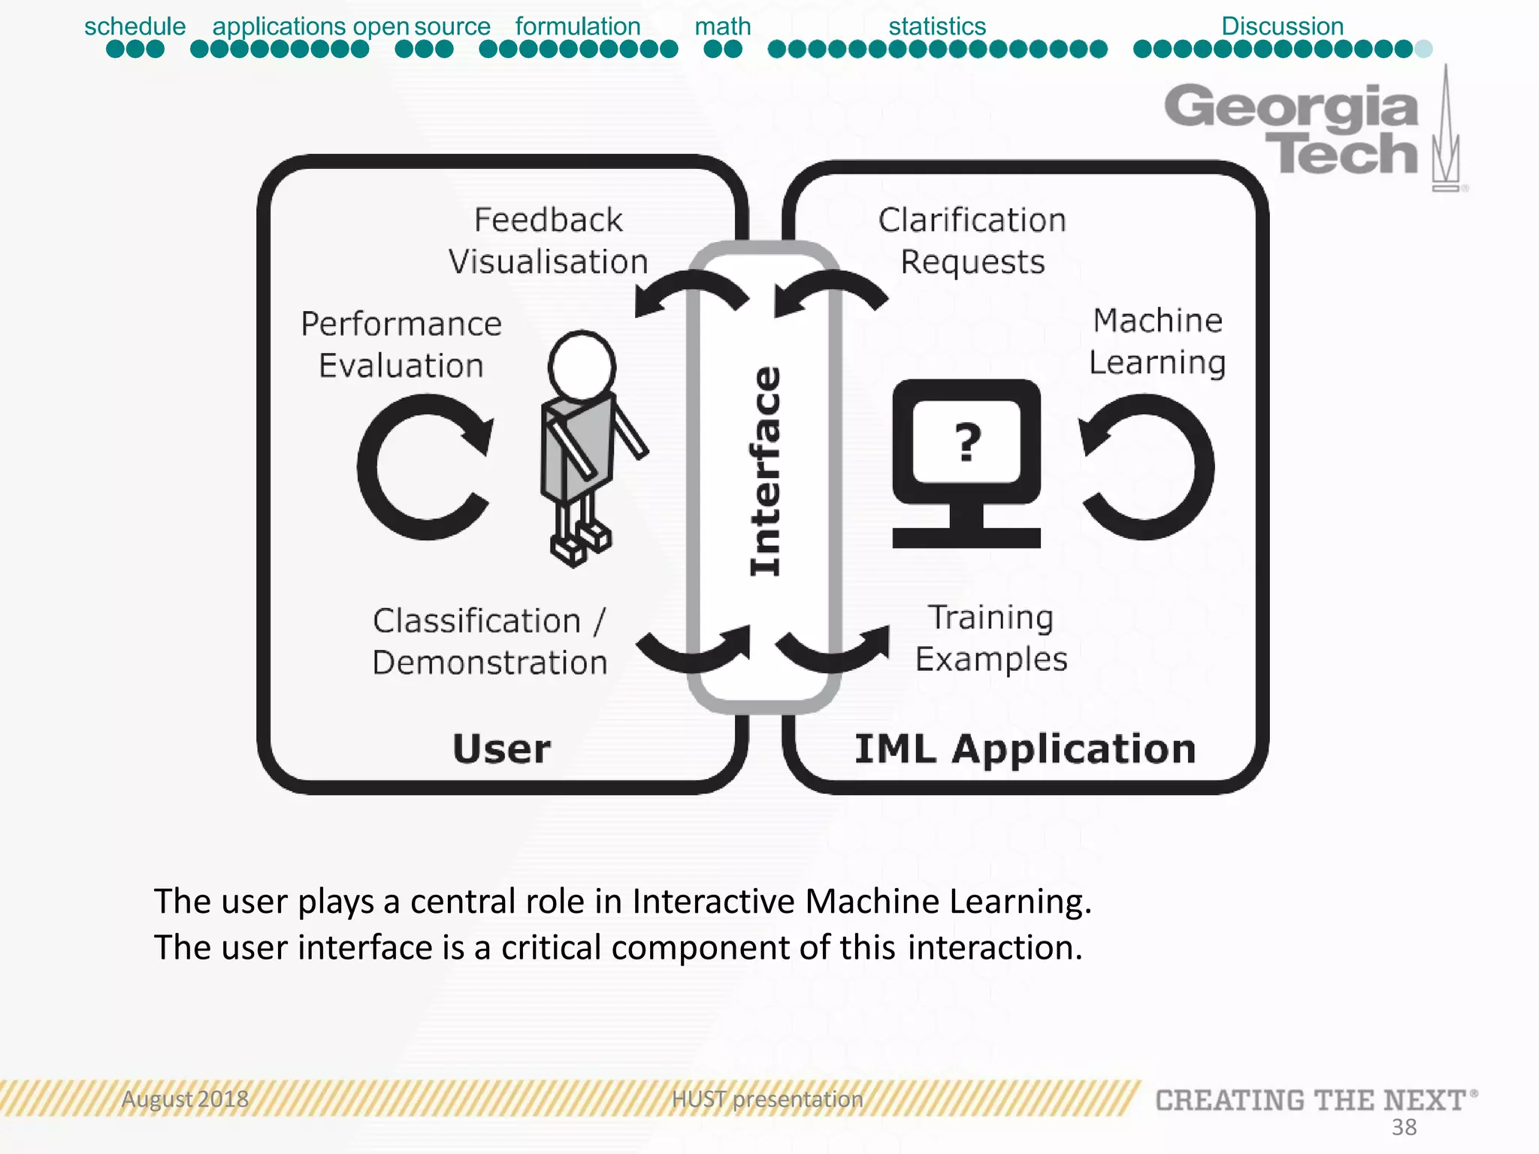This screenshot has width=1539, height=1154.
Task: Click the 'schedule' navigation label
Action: coord(135,26)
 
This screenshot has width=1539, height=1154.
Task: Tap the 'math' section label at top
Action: coord(722,26)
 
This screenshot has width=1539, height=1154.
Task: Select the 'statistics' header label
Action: coord(936,26)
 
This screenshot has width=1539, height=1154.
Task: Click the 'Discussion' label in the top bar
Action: coord(1282,26)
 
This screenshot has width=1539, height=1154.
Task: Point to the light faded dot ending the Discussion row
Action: coord(1423,50)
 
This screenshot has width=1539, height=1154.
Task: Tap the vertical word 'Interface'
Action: coord(765,471)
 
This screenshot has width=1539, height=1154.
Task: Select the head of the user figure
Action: coord(582,367)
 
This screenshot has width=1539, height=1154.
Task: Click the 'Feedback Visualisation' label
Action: coord(549,240)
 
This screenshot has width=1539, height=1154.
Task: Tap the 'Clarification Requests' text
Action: coord(972,240)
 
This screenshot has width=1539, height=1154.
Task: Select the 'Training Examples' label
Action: coord(990,638)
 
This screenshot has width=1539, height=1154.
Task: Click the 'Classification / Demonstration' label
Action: coord(489,642)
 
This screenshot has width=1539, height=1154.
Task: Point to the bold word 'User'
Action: coord(502,749)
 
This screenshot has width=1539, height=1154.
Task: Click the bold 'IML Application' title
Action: coord(1025,749)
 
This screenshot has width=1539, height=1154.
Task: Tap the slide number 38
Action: coord(1404,1127)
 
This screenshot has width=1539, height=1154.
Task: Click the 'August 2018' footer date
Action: coord(185,1099)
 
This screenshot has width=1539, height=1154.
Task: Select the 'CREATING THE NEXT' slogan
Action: coord(1311,1101)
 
